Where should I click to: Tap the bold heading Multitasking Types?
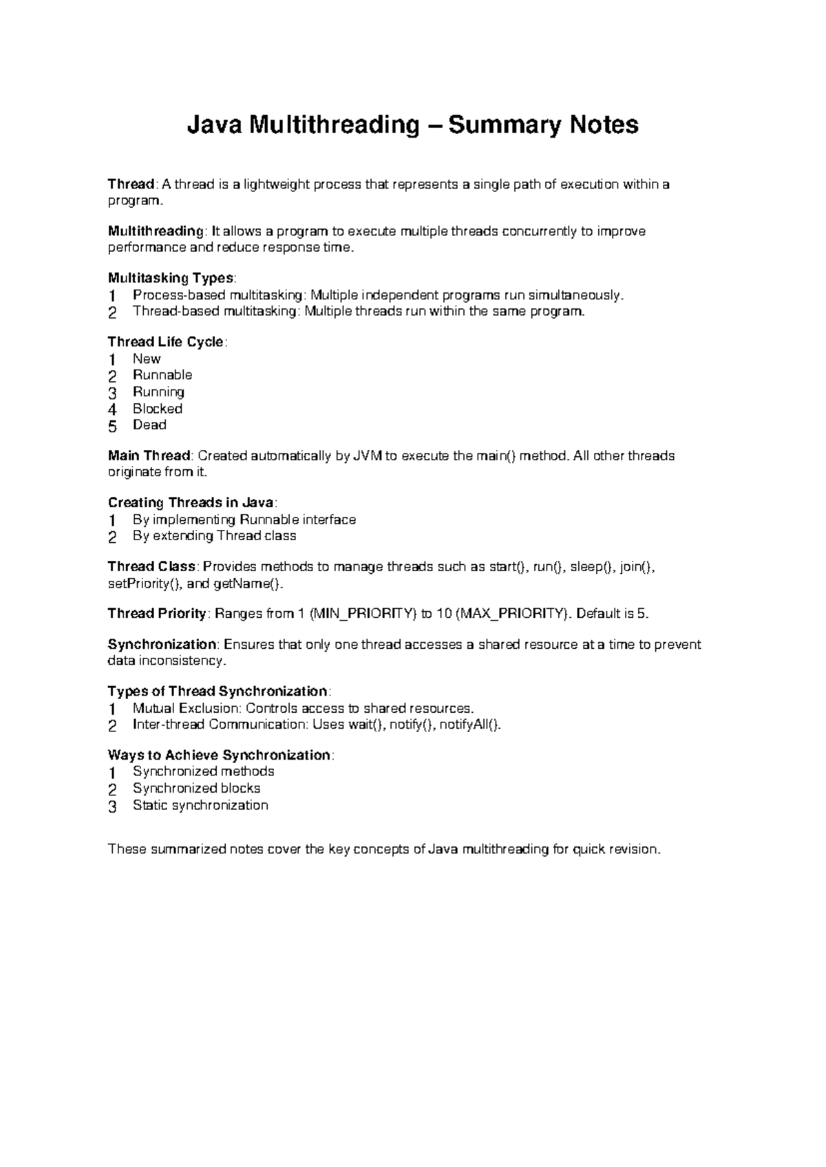(x=171, y=278)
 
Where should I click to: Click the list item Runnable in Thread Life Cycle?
(x=162, y=375)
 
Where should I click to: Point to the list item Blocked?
(x=158, y=409)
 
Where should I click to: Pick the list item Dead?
(x=149, y=425)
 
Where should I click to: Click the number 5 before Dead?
(x=113, y=426)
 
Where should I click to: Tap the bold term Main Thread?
(x=149, y=456)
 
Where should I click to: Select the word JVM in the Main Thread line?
(x=368, y=456)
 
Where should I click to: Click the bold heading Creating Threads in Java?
(x=191, y=502)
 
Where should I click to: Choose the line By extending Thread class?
(x=214, y=536)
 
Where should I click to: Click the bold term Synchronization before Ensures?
(x=162, y=645)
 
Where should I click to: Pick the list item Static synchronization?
(x=200, y=805)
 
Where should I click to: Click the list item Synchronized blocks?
(x=196, y=789)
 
